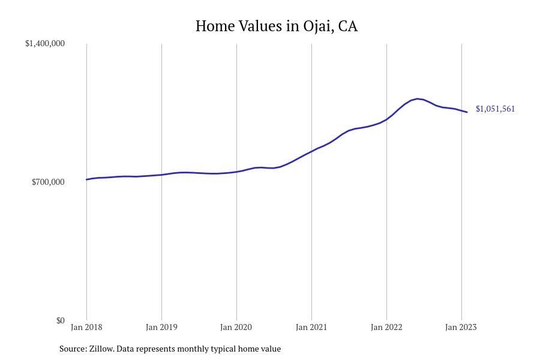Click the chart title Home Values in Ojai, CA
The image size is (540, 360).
coord(276,26)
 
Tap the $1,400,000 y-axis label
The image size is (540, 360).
coord(45,43)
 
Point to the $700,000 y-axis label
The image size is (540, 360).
coord(48,182)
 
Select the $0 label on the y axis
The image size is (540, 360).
coord(60,320)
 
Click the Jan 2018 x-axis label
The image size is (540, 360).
coord(86,327)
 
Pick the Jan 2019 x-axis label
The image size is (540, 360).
coord(161,327)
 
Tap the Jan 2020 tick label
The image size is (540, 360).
coord(236,327)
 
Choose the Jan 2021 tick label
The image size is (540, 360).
coord(311,327)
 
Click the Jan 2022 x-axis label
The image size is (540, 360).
coord(386,327)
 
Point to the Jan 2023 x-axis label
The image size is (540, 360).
coord(461,327)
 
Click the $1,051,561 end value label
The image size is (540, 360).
coord(495,109)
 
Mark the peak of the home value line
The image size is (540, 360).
coord(418,98)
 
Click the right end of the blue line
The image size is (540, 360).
coord(467,112)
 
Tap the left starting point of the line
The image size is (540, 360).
coord(86,179)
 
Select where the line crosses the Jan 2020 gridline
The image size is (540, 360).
coord(236,172)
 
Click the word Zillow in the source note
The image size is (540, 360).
coord(101,349)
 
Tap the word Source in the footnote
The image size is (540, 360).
coord(73,349)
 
